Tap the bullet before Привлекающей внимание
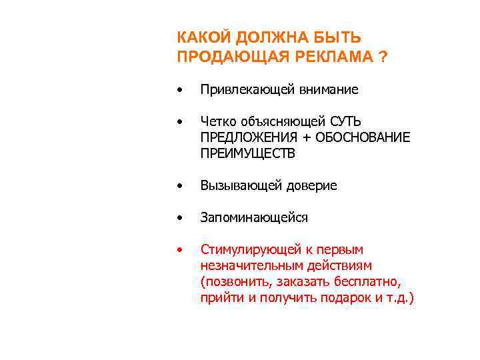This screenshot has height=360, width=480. click(x=179, y=90)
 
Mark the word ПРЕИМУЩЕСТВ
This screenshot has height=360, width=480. click(x=247, y=153)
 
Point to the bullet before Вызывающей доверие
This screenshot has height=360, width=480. click(x=179, y=187)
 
